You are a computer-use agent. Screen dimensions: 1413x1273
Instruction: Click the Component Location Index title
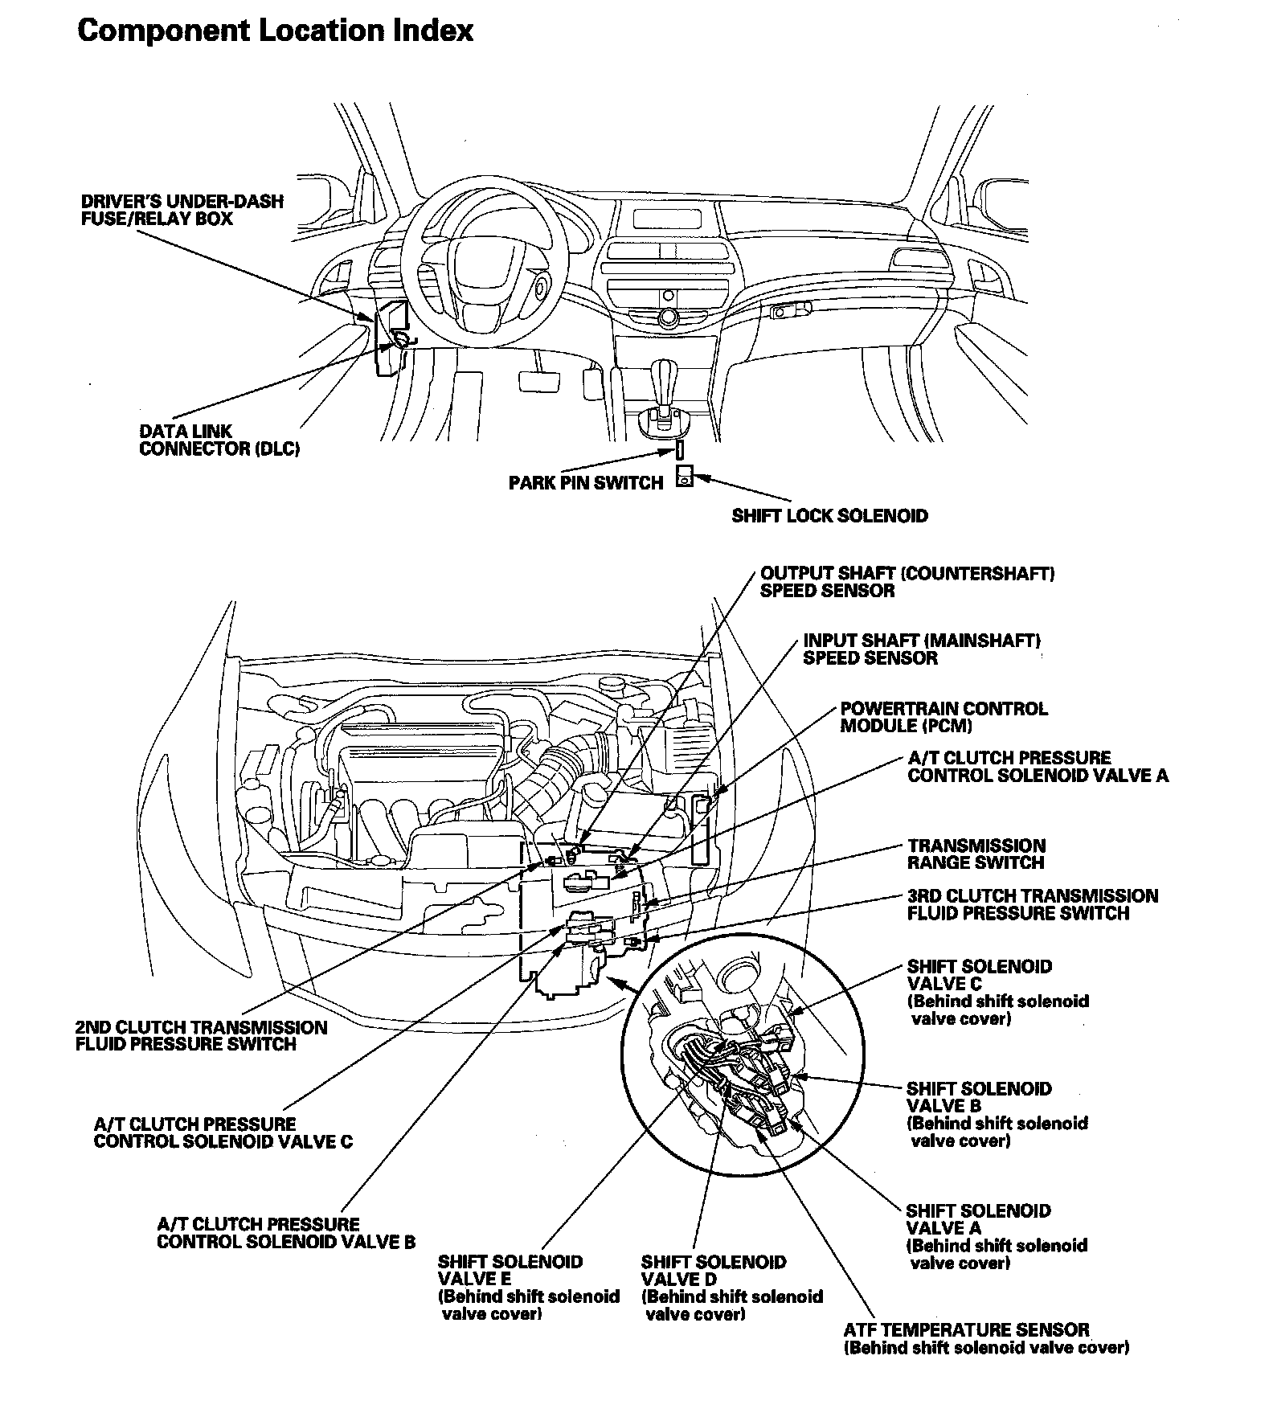(x=275, y=31)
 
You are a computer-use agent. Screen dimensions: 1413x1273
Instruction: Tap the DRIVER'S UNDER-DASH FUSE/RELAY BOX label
(x=182, y=210)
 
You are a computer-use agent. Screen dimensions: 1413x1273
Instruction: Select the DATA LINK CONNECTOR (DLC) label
(x=219, y=440)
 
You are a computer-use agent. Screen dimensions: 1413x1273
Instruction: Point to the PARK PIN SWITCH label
(x=586, y=483)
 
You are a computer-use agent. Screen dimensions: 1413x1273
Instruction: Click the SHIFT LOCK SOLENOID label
(x=829, y=516)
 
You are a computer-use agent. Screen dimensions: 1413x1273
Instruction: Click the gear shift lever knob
(x=664, y=375)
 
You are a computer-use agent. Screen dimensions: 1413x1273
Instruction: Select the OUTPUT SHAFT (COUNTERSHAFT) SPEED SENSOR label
(x=907, y=582)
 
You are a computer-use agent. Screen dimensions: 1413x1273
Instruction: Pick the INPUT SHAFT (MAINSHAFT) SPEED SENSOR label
(x=921, y=649)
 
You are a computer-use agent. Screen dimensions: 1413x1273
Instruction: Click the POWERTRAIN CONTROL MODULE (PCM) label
(x=943, y=717)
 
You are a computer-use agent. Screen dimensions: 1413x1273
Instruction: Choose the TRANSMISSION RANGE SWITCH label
(x=976, y=854)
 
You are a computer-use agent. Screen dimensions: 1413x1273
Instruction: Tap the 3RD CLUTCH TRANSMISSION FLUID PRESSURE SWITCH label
(x=1032, y=904)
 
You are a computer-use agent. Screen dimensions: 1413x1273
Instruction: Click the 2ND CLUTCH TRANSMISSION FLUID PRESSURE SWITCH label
(x=201, y=1035)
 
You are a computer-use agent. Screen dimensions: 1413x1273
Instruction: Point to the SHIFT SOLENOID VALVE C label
(x=997, y=992)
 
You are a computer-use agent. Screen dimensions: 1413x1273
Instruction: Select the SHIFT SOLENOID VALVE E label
(x=528, y=1287)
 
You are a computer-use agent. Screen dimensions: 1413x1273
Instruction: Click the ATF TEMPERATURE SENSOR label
(x=985, y=1338)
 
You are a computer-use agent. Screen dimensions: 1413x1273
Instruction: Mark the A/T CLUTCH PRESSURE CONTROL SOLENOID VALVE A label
(x=1038, y=766)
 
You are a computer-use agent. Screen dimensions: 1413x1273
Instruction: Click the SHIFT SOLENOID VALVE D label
(x=731, y=1287)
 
